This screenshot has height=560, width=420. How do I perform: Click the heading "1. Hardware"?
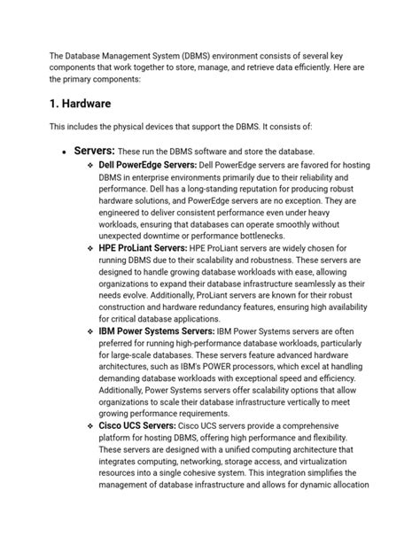86,104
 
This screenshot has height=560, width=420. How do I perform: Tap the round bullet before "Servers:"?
63,152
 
